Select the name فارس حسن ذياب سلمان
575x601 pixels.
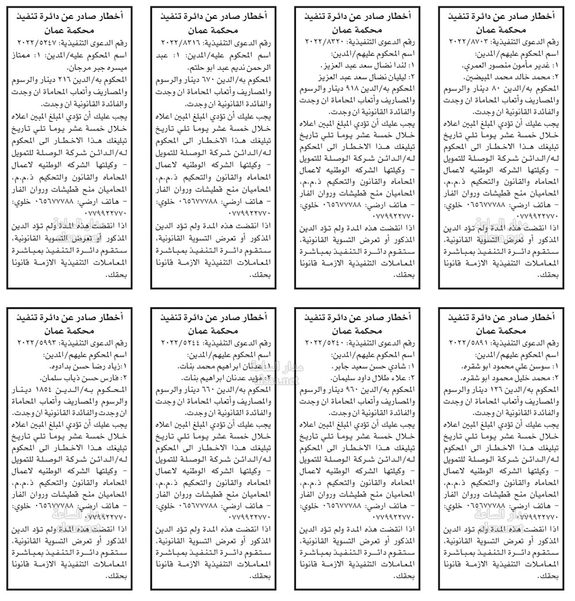tap(72, 378)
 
